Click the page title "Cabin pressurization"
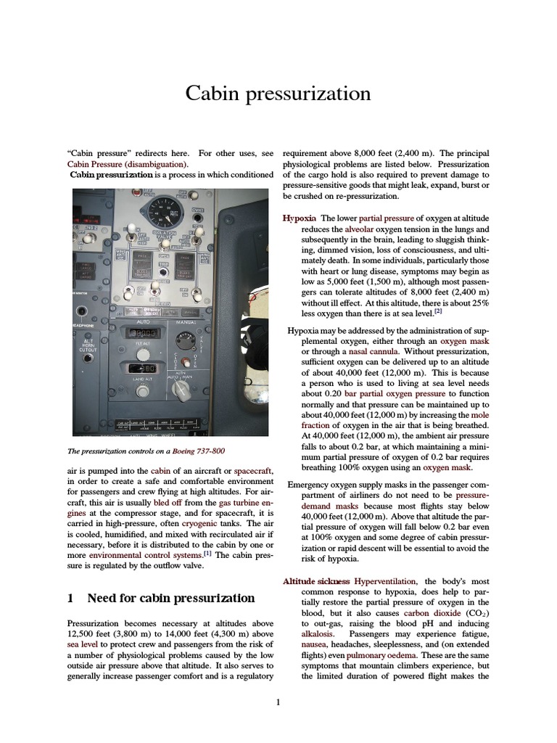pos(278,94)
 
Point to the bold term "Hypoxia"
pos(299,218)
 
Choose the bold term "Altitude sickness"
pos(316,581)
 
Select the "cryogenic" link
pos(203,522)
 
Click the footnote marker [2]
pos(438,312)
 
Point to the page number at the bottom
pos(278,702)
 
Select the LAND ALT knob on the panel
pos(144,390)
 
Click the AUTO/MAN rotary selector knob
pos(181,389)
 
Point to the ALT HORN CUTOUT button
pos(88,345)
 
